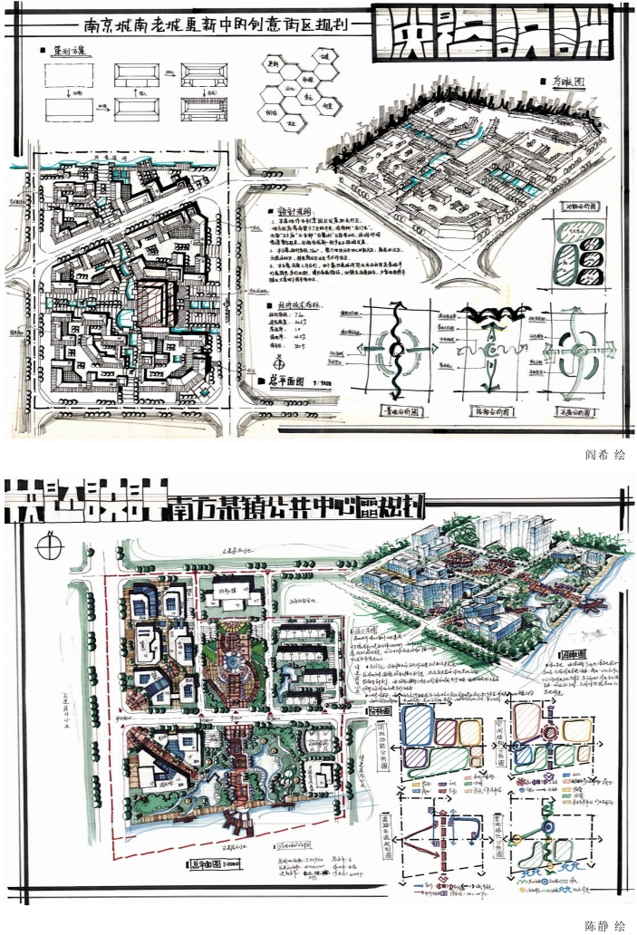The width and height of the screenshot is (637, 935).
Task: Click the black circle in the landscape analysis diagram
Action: point(395,351)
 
